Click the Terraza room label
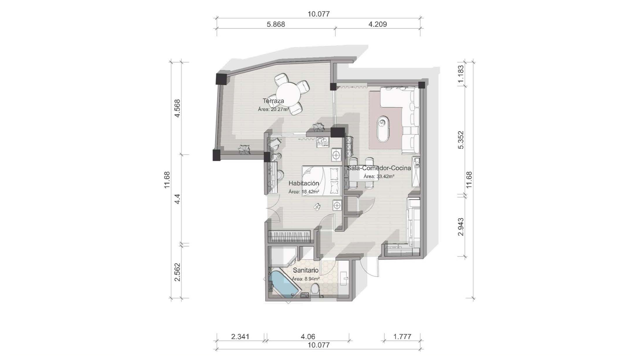[273, 101]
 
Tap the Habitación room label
[304, 183]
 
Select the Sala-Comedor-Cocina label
[379, 168]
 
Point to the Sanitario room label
[305, 270]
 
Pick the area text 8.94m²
[312, 279]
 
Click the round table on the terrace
[288, 95]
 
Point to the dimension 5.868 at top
[276, 24]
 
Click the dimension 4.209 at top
[378, 24]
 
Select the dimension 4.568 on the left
[177, 108]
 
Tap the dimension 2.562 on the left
[177, 272]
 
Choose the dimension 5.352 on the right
[461, 140]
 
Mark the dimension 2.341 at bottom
[240, 336]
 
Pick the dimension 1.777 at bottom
[402, 336]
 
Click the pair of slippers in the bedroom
[317, 206]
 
